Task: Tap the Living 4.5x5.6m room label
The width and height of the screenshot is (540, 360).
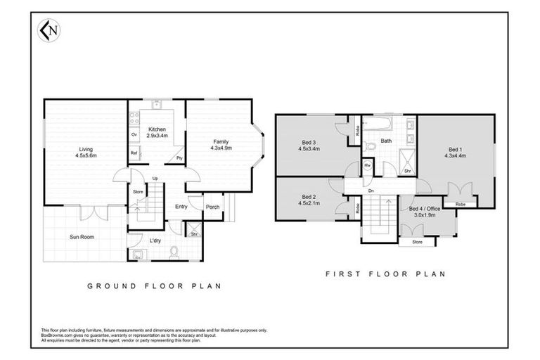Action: point(86,152)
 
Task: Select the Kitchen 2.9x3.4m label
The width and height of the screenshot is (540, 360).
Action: point(156,131)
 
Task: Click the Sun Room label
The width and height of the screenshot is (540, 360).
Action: point(82,237)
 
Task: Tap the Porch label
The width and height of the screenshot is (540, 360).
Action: point(212,207)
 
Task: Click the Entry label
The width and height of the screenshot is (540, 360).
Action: point(181,207)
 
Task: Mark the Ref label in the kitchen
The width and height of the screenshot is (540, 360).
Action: point(134,153)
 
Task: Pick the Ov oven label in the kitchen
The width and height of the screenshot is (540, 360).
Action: point(134,134)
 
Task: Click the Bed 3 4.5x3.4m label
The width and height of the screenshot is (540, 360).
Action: point(309,146)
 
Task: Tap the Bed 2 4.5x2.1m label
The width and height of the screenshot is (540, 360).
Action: point(309,200)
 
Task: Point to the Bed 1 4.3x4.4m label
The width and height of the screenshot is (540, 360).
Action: point(455,153)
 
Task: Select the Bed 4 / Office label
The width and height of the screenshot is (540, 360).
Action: point(424,212)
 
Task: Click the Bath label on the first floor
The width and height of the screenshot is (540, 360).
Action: point(386,141)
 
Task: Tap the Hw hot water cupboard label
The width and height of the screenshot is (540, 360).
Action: point(368,165)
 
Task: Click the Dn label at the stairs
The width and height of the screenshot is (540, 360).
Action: point(370,191)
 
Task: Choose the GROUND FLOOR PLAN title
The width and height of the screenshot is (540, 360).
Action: point(153,286)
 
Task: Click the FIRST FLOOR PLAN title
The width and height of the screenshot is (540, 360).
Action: point(385,274)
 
